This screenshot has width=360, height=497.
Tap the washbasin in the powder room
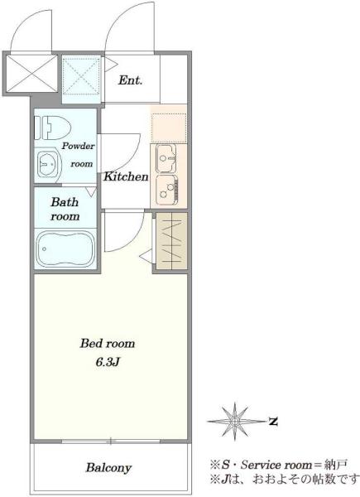click(48, 164)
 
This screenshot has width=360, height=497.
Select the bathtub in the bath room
click(65, 248)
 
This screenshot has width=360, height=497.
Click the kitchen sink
click(166, 158)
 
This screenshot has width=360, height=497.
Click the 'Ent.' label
click(130, 80)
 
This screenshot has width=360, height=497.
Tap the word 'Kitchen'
click(126, 176)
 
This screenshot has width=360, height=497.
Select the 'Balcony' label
click(108, 468)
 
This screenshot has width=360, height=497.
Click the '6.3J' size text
click(108, 362)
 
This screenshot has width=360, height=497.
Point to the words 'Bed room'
click(108, 343)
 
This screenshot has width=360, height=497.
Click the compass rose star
click(235, 422)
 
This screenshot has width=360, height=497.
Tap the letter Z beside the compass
click(273, 422)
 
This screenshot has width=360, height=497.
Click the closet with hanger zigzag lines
click(172, 241)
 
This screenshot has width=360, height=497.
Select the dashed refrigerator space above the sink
click(169, 128)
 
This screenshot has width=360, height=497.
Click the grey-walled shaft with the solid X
click(31, 74)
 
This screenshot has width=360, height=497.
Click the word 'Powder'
click(78, 146)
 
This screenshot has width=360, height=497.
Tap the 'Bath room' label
click(65, 210)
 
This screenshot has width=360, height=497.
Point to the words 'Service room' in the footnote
click(276, 465)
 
